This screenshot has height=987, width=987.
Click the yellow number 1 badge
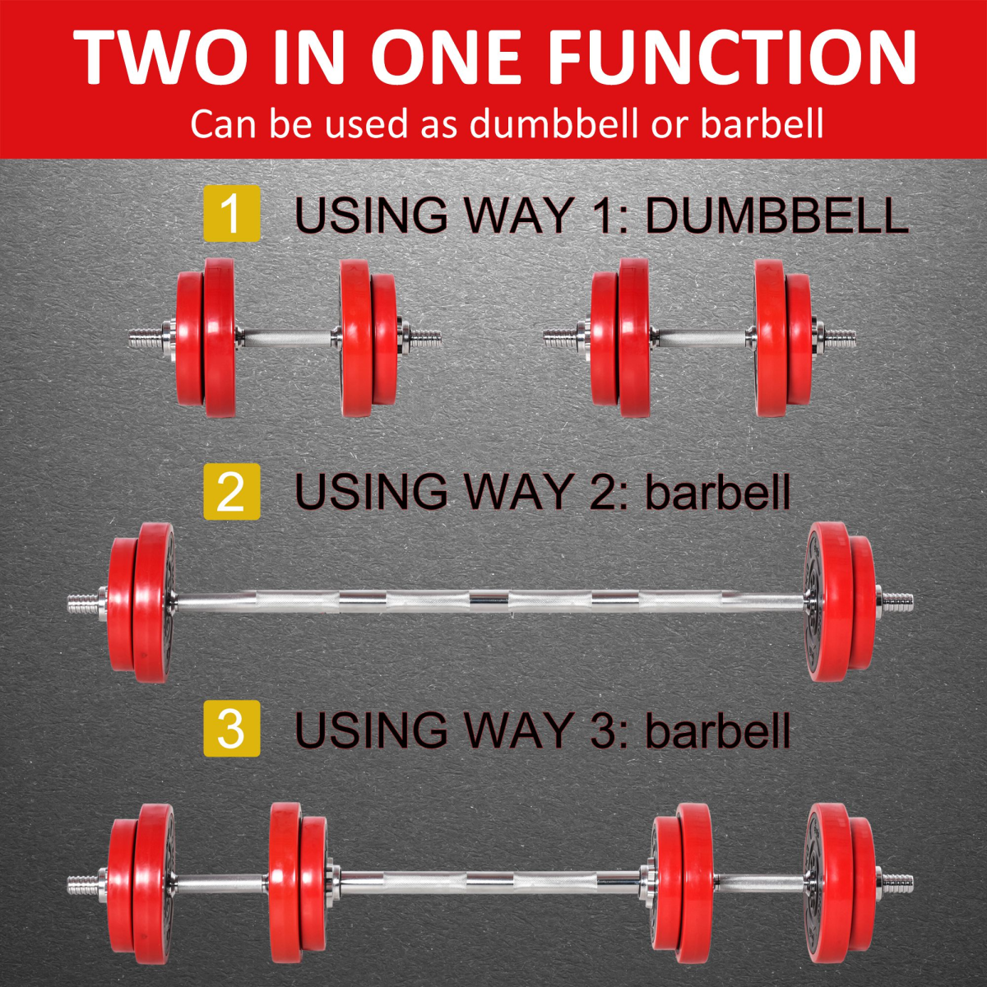[231, 214]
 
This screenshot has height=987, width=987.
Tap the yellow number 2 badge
[231, 491]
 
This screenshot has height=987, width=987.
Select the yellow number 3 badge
[231, 728]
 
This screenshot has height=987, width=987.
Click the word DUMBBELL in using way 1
[776, 215]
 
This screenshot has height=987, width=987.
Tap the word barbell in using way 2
[717, 492]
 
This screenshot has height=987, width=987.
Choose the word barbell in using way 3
[717, 730]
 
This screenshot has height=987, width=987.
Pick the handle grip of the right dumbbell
[702, 337]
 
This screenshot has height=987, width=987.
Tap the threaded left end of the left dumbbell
[144, 337]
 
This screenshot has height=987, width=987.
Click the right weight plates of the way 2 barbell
[839, 603]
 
